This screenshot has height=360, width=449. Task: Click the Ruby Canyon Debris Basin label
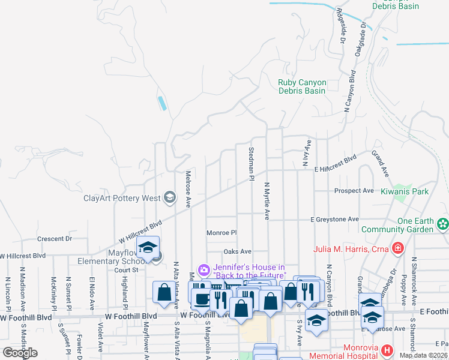coord(302,86)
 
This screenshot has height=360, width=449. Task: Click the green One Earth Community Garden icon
coord(442,224)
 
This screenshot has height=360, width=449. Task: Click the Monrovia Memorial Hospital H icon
coord(387,349)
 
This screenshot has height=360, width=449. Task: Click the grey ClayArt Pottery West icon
coord(169,197)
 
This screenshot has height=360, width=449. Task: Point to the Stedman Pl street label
coord(252,163)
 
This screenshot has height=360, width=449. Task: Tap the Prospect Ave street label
coord(354,191)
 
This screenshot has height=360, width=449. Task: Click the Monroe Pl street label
coord(222,233)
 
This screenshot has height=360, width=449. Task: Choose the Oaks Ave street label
coord(237,251)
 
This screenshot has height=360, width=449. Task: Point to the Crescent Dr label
coord(55,238)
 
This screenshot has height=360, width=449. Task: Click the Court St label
coord(126,270)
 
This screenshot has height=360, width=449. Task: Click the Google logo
coord(20,352)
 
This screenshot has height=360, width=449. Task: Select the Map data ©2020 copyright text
coord(424,355)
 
